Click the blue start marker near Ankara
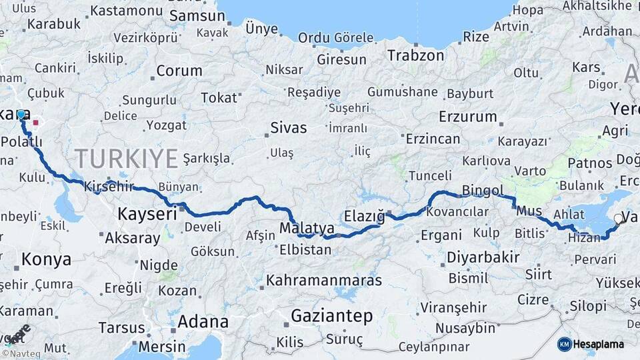[x=21, y=115]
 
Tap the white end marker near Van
[x=618, y=218]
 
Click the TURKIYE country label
[x=126, y=159]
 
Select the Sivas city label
[x=289, y=127]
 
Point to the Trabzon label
[x=415, y=55]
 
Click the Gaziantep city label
[x=331, y=316]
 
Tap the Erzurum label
[x=468, y=117]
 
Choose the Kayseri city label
[x=147, y=214]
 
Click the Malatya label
[x=307, y=228]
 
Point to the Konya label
[x=46, y=259]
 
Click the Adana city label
[x=201, y=322]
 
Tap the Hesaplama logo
[x=591, y=344]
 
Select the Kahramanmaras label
[x=324, y=280]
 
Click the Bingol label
[x=483, y=191]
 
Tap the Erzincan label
[x=432, y=139]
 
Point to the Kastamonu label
[x=127, y=11]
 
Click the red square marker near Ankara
[x=35, y=123]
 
